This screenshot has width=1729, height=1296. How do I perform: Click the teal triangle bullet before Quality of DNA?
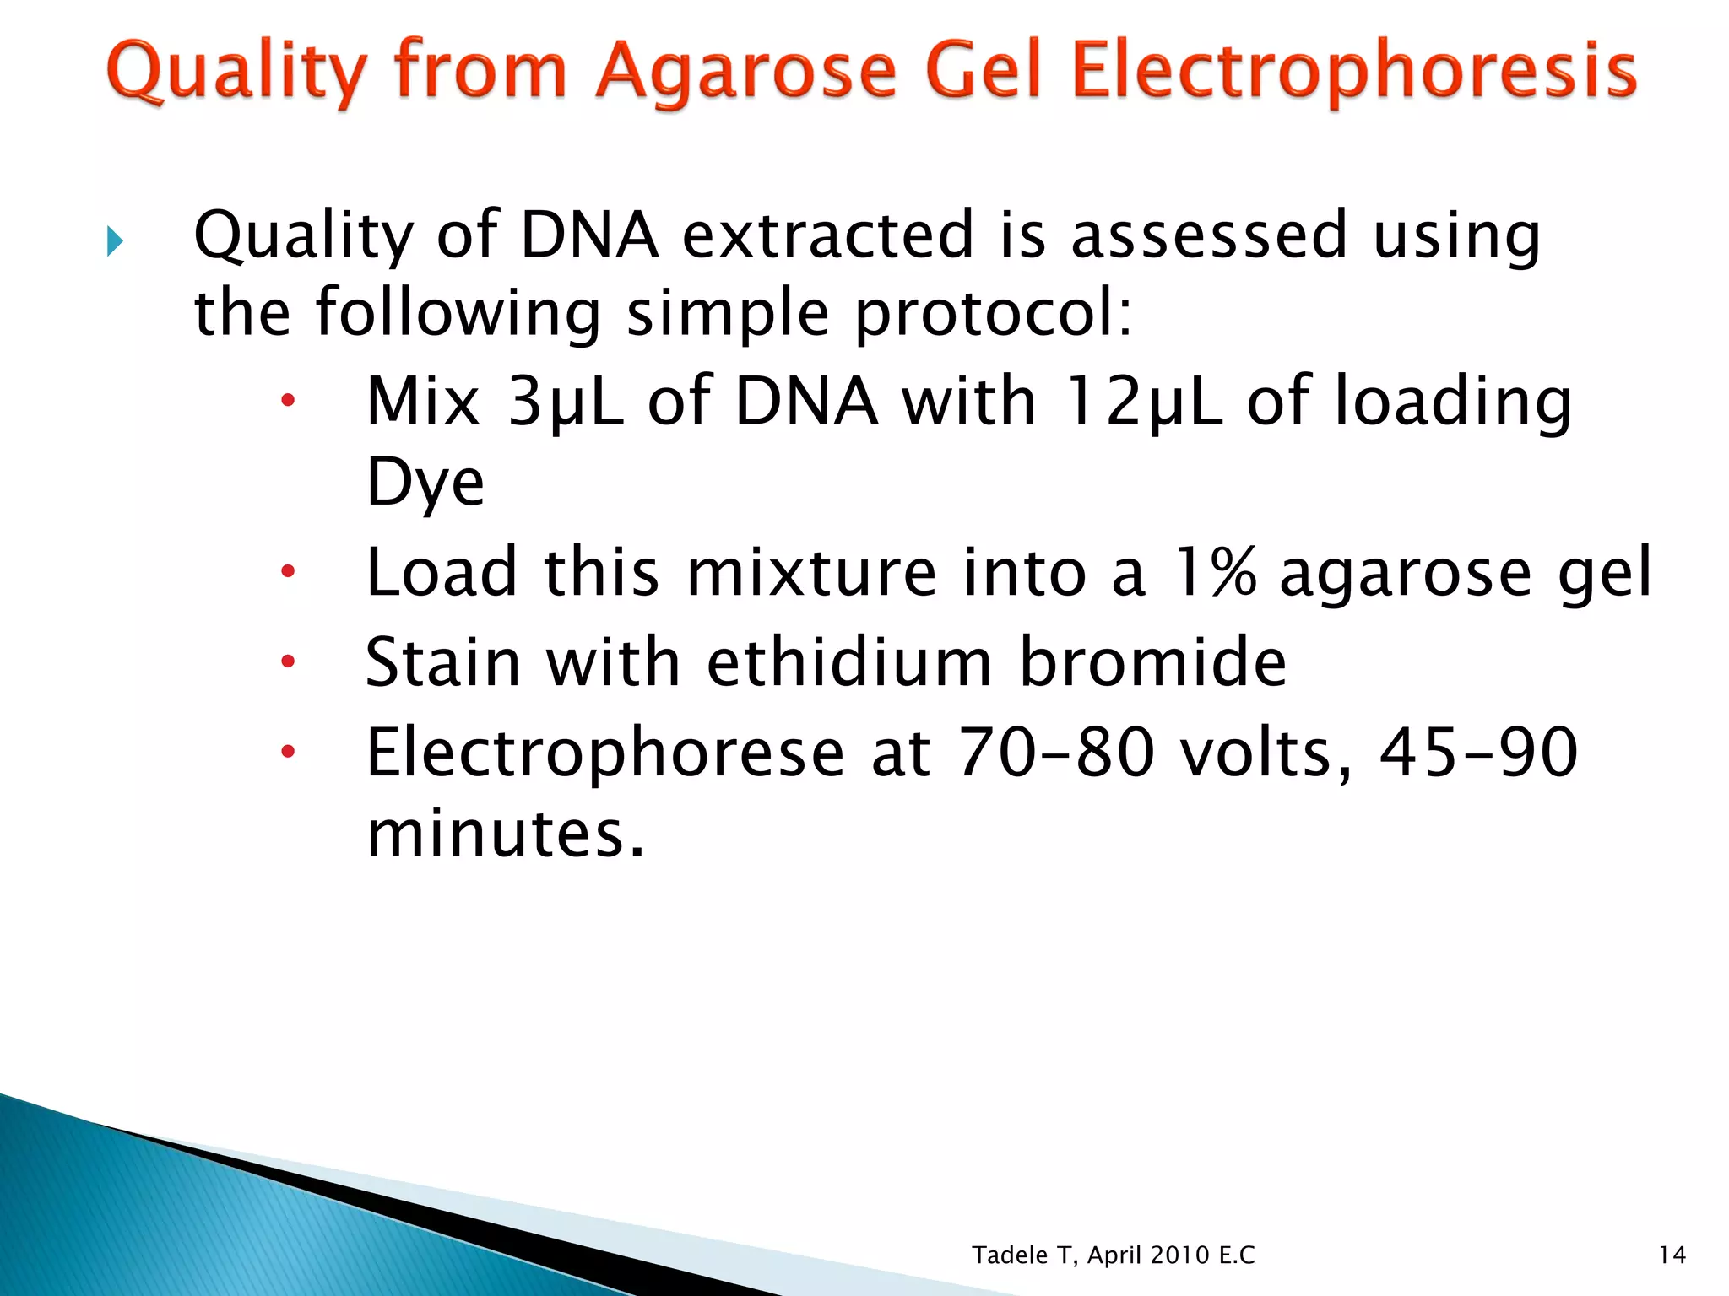pyautogui.click(x=116, y=242)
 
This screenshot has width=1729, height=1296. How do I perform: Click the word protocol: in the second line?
pyautogui.click(x=993, y=313)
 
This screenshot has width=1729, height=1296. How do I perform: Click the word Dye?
pyautogui.click(x=425, y=483)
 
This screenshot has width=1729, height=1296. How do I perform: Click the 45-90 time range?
pyautogui.click(x=1477, y=752)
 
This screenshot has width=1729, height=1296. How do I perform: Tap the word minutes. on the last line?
pyautogui.click(x=505, y=833)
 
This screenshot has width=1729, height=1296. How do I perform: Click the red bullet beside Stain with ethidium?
pyautogui.click(x=288, y=661)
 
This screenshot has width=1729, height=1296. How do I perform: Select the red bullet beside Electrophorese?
pyautogui.click(x=288, y=751)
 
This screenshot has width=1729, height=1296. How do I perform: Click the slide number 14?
pyautogui.click(x=1672, y=1255)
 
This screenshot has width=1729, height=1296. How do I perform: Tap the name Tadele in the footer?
pyautogui.click(x=1010, y=1255)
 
